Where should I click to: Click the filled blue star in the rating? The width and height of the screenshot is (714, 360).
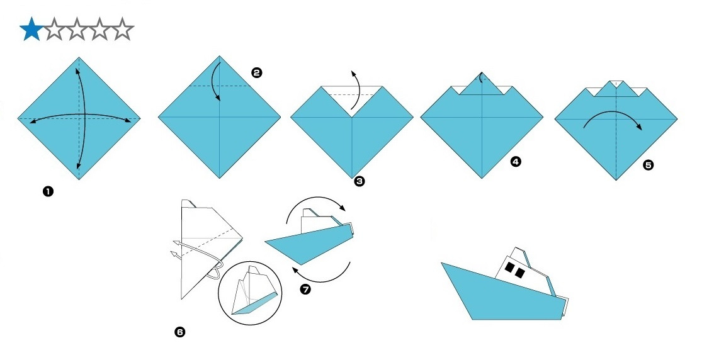pos(30,30)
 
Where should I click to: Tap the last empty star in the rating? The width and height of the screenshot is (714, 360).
pos(123,30)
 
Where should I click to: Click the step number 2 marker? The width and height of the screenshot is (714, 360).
pos(256,73)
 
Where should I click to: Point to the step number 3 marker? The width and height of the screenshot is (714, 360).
pos(360,181)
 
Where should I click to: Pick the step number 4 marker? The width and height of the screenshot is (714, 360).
pos(516,162)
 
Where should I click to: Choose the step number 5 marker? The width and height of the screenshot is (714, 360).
pos(649,165)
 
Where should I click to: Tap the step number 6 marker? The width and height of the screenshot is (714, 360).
pos(180,332)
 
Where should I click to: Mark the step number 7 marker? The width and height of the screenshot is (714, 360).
pos(305,289)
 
